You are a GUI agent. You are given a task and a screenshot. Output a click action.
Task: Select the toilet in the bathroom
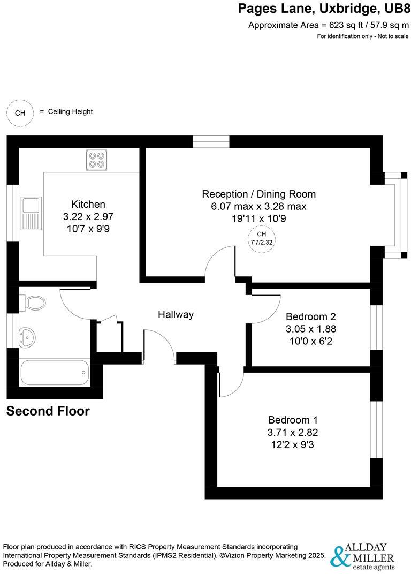pyautogui.click(x=33, y=303)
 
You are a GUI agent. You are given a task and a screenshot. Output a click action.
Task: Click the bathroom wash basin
pyautogui.click(x=27, y=336)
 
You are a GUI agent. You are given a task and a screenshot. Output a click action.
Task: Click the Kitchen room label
pyautogui.click(x=88, y=204)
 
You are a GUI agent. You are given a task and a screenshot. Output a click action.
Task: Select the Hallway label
pyautogui.click(x=175, y=315)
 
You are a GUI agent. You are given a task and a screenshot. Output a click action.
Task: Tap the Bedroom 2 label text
pyautogui.click(x=311, y=316)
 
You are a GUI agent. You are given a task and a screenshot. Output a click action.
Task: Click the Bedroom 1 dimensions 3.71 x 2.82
pyautogui.click(x=296, y=432)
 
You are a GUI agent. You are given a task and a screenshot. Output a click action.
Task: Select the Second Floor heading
pyautogui.click(x=48, y=411)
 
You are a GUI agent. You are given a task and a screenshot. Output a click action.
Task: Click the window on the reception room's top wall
pyautogui.click(x=211, y=142)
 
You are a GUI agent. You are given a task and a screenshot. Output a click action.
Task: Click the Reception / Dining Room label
pyautogui.click(x=258, y=194)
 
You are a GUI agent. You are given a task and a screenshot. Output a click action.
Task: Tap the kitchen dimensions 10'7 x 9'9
pyautogui.click(x=88, y=229)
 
